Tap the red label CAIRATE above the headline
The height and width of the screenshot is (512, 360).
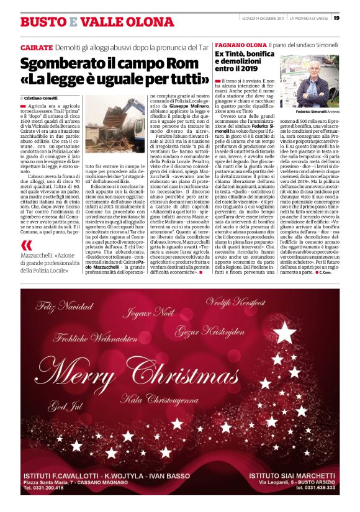[36, 47]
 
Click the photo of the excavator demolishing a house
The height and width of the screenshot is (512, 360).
[115, 127]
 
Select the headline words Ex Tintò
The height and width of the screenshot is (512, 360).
[232, 55]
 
